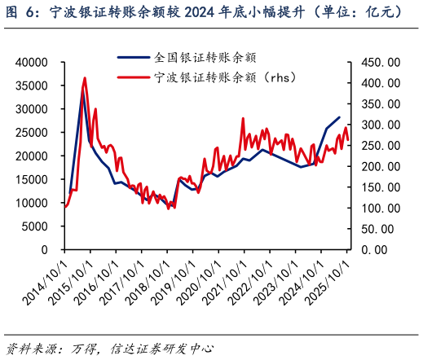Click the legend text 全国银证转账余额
click(205, 58)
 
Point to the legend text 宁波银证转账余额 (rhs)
click(223, 77)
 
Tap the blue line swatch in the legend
click(134, 58)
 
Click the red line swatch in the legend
click(134, 77)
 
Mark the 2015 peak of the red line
click(85, 78)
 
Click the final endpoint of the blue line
click(339, 117)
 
